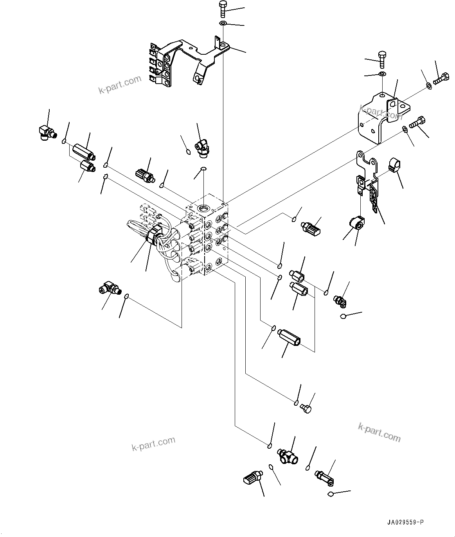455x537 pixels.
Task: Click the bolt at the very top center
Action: [x=223, y=9]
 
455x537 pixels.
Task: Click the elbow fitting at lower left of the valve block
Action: [x=110, y=289]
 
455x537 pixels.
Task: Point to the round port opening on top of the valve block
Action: [x=203, y=207]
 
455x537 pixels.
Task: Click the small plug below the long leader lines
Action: [x=306, y=408]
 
